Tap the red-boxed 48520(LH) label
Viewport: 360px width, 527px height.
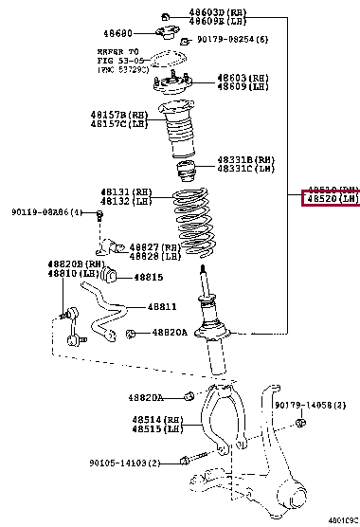pos(332,200)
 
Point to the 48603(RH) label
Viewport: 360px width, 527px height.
pos(242,77)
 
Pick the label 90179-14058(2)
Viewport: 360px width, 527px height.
pos(315,406)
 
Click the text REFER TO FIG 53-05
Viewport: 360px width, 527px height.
pos(117,56)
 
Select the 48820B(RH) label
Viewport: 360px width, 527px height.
pos(75,264)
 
